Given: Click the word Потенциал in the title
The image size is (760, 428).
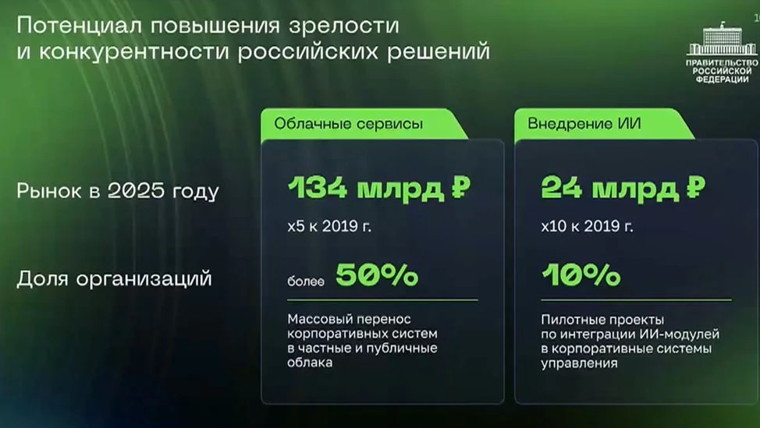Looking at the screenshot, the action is pos(80,26).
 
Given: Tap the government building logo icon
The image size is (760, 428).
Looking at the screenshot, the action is pos(722,38).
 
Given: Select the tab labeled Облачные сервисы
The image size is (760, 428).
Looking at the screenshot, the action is pos(349,123).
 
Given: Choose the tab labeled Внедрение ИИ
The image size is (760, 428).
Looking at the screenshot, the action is pos(584,123).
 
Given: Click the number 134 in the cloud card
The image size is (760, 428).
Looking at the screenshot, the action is pos(318,187).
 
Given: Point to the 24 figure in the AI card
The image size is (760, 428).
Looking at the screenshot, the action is pos(561,187).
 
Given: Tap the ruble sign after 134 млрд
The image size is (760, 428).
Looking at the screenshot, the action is pos(461,187).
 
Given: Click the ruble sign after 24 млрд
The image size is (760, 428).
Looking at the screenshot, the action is pos(695,187).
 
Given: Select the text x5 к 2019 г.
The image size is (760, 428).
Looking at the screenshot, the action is pos(329,226).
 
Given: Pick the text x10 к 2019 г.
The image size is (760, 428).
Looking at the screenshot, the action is pos(587,226).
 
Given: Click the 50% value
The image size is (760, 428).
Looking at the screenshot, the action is pos(377,275).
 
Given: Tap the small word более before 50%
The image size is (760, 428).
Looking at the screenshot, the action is pos(305,281).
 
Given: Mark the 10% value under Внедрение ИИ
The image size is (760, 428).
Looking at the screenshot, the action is pos(581,275).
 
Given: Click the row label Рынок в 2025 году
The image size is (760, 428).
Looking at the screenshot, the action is pos(118,191).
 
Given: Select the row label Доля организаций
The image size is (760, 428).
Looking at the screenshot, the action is pos(115,278).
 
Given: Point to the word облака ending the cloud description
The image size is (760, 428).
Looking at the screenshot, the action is pos(310,363).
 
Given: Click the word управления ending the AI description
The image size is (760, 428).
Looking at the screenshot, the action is pos(579,363).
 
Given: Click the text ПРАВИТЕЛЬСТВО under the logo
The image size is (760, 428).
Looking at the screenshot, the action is pos(722,63).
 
